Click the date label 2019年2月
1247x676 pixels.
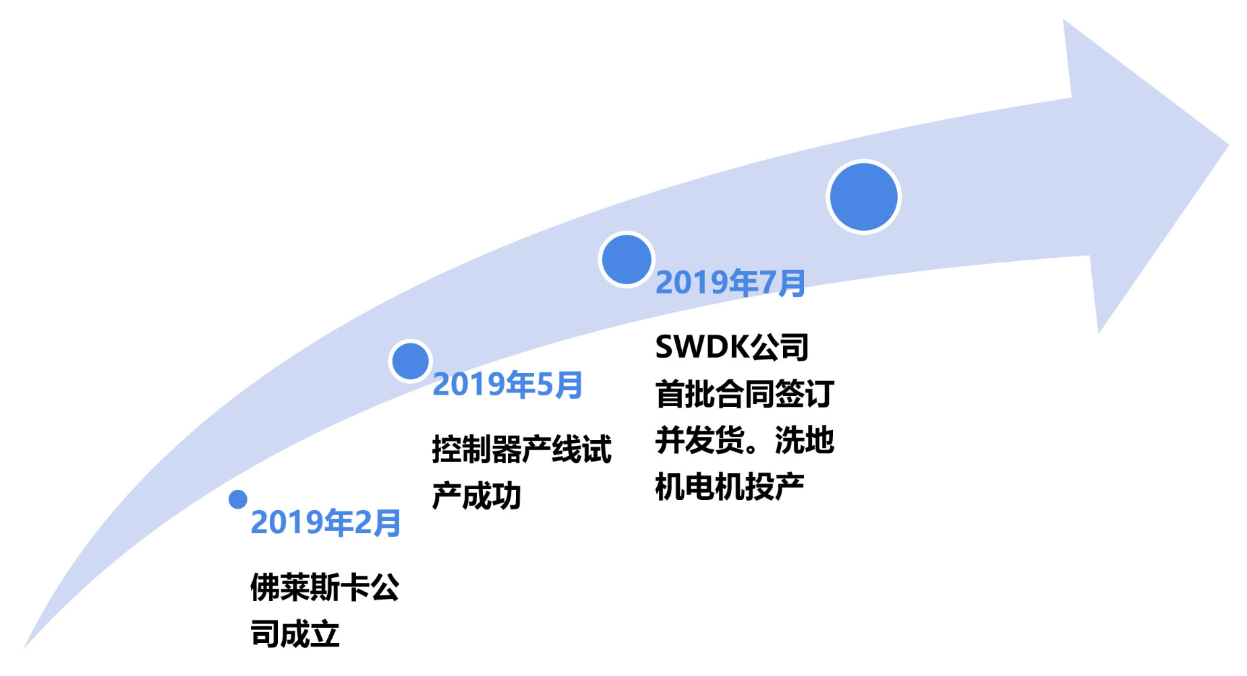(x=326, y=523)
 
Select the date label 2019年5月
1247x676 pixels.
(x=507, y=385)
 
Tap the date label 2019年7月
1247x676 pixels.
(x=730, y=282)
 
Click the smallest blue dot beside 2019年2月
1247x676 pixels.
(x=237, y=499)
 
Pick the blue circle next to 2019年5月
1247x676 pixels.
(x=410, y=361)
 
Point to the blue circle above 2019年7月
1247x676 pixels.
(x=626, y=260)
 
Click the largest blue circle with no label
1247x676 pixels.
(x=863, y=196)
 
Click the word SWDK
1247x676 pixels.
(x=702, y=347)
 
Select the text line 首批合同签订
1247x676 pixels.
(x=745, y=394)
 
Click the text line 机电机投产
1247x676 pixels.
(x=729, y=486)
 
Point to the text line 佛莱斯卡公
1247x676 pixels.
(x=324, y=587)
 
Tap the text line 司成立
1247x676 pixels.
(x=295, y=634)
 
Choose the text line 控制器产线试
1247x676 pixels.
(x=521, y=449)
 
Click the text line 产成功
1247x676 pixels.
(x=476, y=496)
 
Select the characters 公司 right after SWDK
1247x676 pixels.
(x=780, y=347)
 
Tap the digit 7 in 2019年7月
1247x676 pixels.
(x=768, y=282)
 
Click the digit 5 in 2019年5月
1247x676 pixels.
(x=545, y=385)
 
